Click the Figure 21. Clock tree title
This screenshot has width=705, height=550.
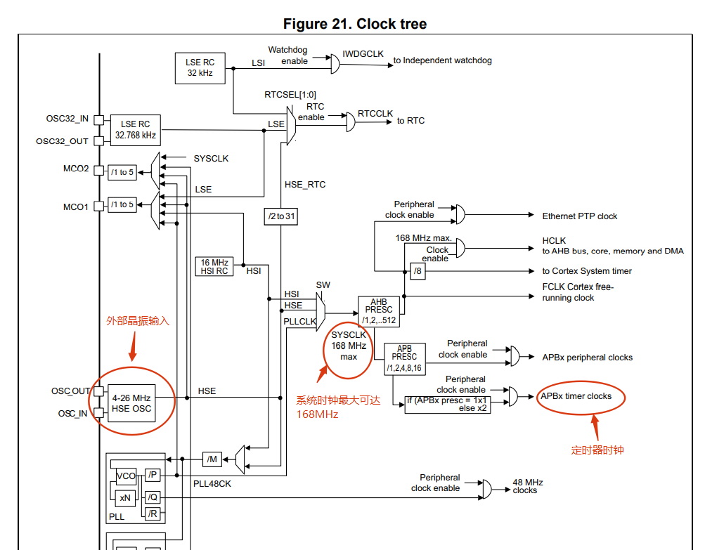(x=354, y=24)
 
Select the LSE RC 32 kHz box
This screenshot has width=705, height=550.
(x=200, y=67)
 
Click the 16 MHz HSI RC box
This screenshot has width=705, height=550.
(x=214, y=266)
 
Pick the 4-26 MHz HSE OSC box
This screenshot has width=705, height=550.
(x=131, y=402)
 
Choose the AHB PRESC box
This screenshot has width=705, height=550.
(x=379, y=311)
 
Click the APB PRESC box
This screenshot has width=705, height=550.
(x=404, y=358)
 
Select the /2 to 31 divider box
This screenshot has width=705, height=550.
(x=280, y=216)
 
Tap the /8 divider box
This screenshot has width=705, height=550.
(x=418, y=271)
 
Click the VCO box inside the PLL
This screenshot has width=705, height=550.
(x=126, y=476)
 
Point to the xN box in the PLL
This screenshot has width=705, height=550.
(x=125, y=497)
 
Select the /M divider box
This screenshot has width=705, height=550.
(x=212, y=459)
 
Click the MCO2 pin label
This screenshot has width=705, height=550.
(x=76, y=169)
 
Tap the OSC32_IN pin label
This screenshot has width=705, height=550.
(x=67, y=119)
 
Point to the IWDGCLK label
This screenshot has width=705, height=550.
(x=363, y=53)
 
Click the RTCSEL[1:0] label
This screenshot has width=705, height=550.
(x=290, y=95)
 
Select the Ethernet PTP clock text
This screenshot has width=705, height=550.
(x=579, y=216)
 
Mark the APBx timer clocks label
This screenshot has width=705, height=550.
(x=576, y=396)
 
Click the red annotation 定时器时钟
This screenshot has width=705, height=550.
(x=597, y=450)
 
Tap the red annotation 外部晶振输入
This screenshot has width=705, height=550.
(x=138, y=320)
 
